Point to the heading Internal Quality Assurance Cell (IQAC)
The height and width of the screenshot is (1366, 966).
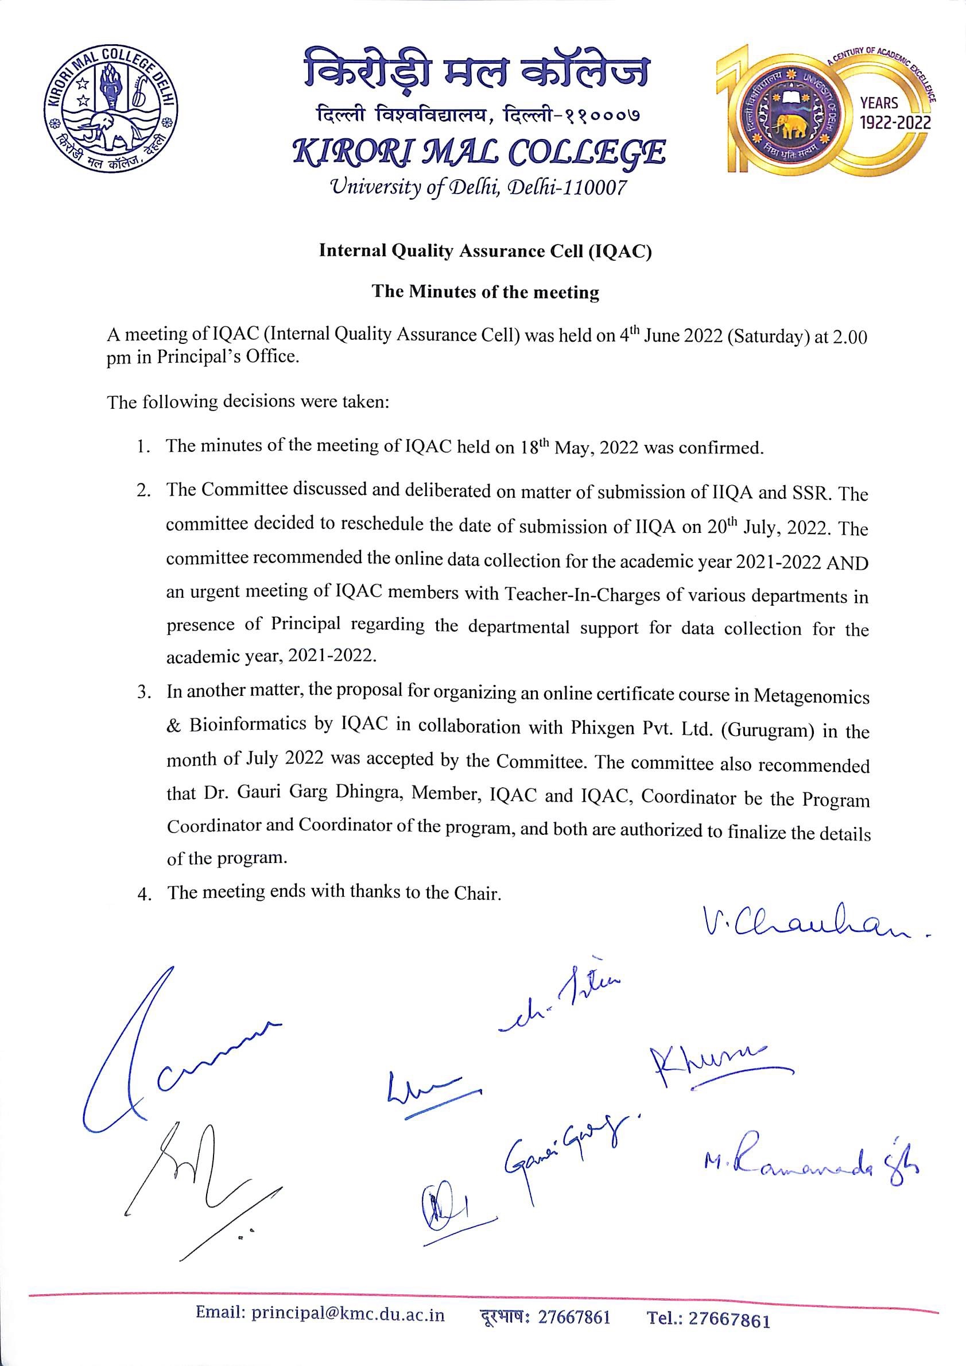pyautogui.click(x=486, y=251)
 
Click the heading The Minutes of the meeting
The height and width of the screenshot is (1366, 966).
pyautogui.click(x=486, y=292)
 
